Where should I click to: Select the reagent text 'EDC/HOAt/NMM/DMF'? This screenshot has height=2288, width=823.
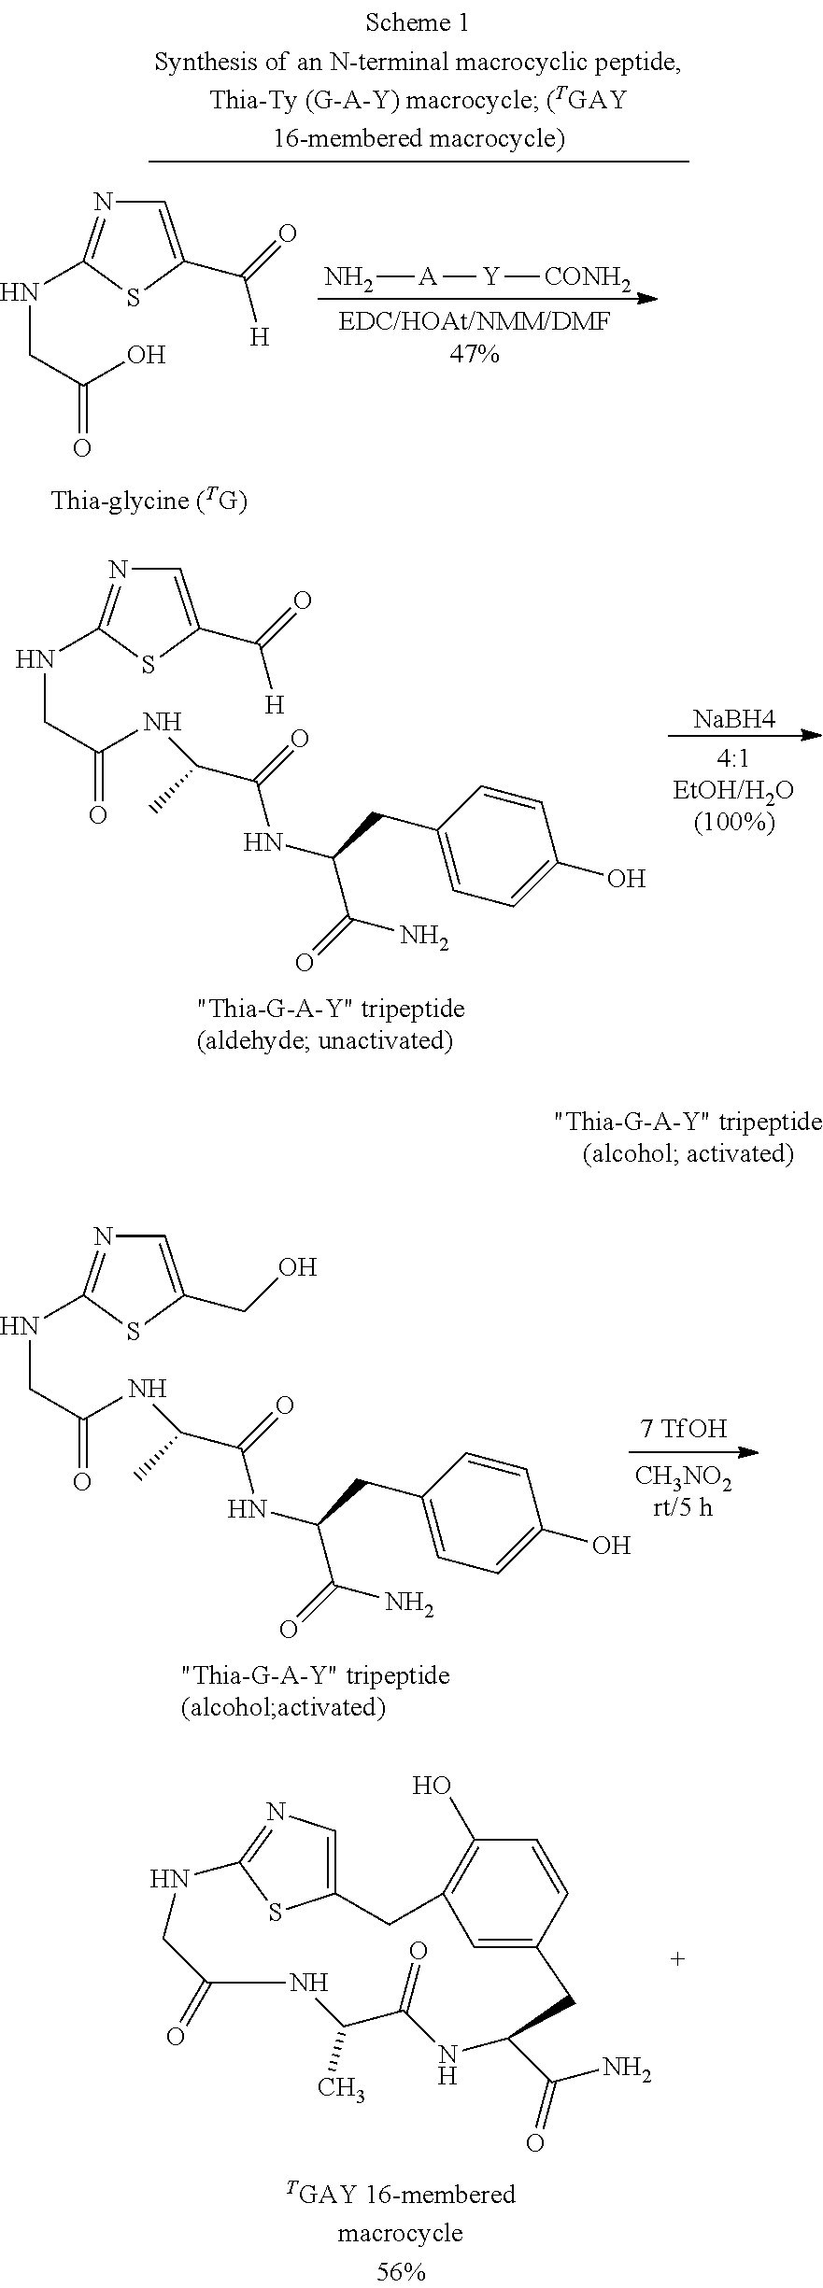[475, 324]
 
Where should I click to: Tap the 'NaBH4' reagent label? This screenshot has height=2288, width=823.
[734, 719]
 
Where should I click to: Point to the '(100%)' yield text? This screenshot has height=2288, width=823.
[734, 823]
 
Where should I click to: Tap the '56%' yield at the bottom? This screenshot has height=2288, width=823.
[401, 2266]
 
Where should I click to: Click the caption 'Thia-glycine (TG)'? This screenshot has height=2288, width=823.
[149, 501]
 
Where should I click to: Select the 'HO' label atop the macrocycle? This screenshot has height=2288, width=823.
[433, 1787]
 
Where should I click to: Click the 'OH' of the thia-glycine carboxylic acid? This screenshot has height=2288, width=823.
[147, 355]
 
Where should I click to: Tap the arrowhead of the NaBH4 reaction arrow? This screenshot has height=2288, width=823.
[812, 737]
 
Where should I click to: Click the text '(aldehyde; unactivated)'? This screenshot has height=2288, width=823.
[324, 1041]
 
